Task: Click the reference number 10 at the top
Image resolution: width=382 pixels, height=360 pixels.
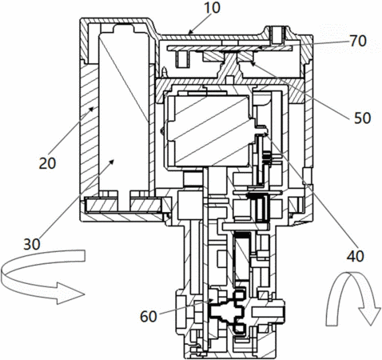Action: coord(212,7)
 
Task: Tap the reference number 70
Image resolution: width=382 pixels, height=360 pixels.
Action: coord(358,41)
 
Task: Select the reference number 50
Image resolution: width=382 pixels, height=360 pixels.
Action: coord(362,118)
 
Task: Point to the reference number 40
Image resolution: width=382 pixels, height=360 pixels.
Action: coord(355,256)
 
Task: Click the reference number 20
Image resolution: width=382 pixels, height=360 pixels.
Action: coord(47,163)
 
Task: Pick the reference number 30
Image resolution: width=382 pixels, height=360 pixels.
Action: coord(32,244)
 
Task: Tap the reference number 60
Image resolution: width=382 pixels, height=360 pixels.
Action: coord(149,317)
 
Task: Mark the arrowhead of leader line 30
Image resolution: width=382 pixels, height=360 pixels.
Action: coord(112,162)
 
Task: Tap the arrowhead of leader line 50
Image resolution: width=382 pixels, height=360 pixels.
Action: coord(252,63)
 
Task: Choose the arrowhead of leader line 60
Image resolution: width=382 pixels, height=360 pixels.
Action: coord(211,301)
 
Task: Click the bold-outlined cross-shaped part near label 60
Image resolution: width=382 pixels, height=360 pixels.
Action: coord(227,311)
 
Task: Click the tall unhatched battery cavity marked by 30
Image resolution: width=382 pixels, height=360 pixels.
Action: coord(124,112)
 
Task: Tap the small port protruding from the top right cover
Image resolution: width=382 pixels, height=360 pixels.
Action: coord(278,35)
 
